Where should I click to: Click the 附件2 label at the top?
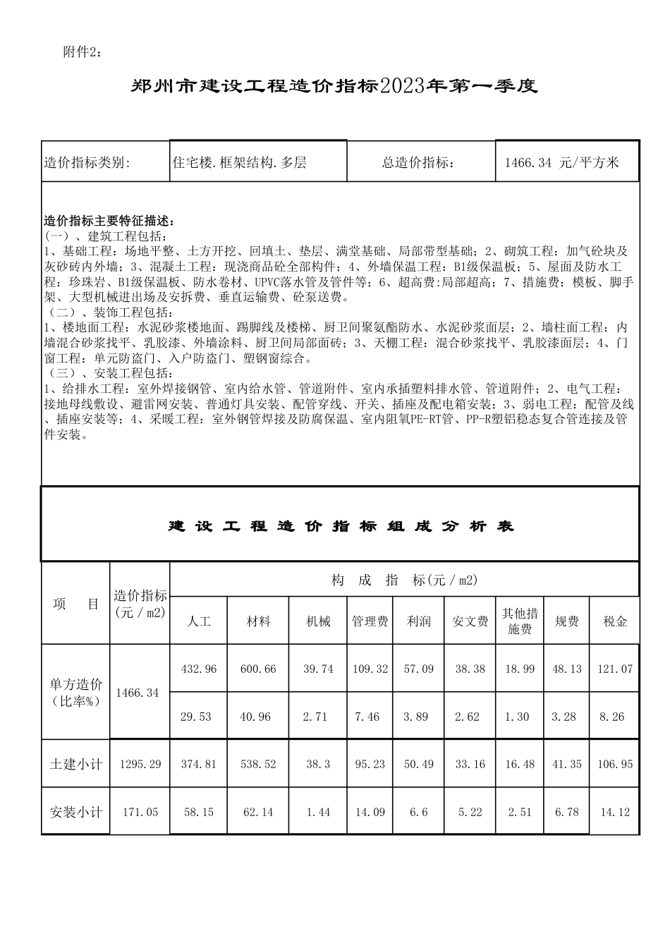point(83,53)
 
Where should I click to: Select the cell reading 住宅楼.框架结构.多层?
point(240,163)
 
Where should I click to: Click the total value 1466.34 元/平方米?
point(561,163)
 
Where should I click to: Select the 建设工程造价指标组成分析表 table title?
point(341,526)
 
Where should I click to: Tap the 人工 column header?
point(199,621)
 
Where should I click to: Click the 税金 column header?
point(615,621)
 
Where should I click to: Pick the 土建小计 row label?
point(76,764)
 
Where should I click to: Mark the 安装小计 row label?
point(76,812)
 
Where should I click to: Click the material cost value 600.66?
point(258,669)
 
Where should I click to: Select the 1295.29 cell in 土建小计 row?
point(140,764)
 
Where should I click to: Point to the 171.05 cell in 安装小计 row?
point(140,812)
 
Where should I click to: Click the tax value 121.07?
point(615,669)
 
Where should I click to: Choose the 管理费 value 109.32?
point(370,669)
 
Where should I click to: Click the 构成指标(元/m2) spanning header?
point(404,581)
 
